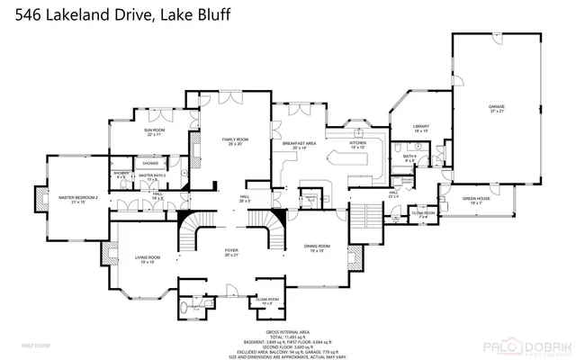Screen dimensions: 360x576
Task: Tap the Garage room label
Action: coord(496,109)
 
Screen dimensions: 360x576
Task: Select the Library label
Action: coord(418,130)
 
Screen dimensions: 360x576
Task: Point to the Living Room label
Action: coord(148,258)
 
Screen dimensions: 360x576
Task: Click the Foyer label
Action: coord(231,253)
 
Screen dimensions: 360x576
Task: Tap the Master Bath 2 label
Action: coord(151,176)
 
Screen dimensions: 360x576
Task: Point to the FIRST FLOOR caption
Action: coord(35,345)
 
